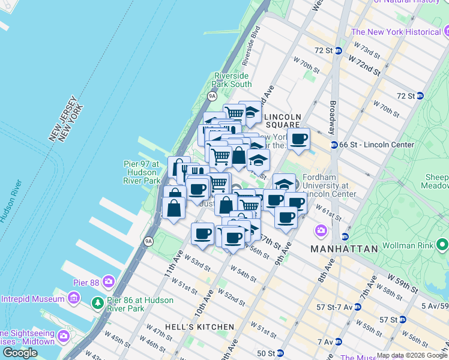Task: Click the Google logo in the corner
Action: tap(20, 353)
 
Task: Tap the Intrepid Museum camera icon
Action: tap(74, 298)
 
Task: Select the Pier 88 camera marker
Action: tap(109, 281)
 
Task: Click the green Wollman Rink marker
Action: tap(443, 244)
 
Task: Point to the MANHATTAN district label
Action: tap(344, 248)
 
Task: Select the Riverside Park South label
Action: tap(233, 80)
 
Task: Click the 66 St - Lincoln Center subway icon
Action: tap(334, 145)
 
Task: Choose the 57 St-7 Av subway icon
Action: tap(358, 307)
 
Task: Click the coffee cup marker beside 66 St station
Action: tap(298, 140)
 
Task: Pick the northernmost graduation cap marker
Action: tap(250, 112)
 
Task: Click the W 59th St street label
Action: tap(402, 283)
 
